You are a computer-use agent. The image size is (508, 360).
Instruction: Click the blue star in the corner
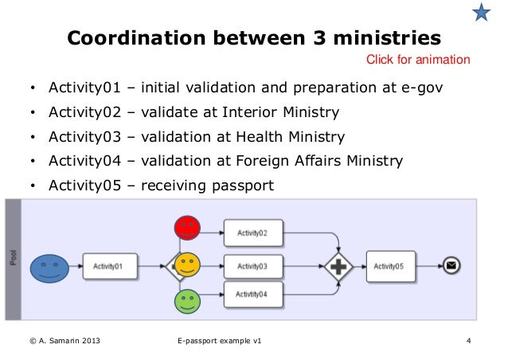[x=481, y=12]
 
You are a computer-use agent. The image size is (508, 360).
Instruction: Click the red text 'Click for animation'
[x=417, y=60]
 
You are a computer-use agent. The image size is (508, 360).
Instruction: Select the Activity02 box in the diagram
[x=252, y=233]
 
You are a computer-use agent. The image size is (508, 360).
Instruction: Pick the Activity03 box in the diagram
[x=252, y=266]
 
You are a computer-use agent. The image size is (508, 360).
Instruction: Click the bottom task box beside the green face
[x=252, y=294]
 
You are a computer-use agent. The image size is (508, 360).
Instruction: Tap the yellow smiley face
[x=186, y=265]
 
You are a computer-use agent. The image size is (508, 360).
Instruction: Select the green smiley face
[x=186, y=302]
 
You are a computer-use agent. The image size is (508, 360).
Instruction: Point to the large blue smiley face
[x=49, y=268]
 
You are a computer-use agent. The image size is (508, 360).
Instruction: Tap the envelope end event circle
[x=451, y=267]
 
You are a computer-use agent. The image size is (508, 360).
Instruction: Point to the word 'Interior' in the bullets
[x=254, y=112]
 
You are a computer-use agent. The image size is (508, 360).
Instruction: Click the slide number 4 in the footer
[x=469, y=342]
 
